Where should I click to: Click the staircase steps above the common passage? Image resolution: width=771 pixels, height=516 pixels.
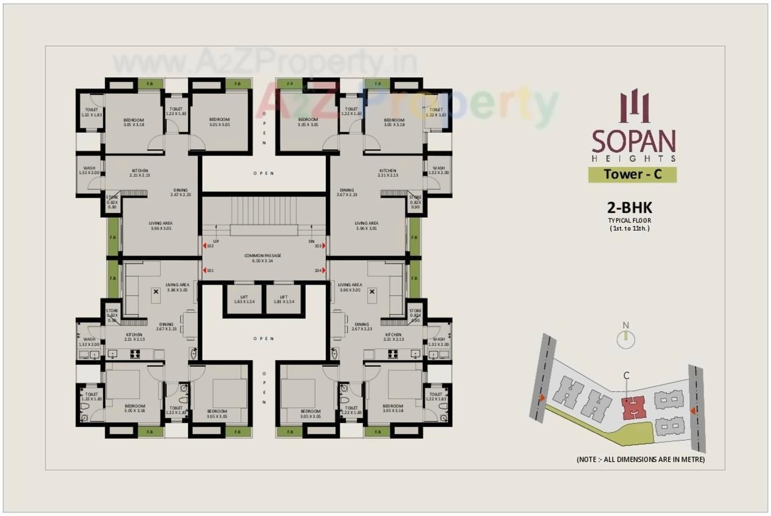(x=264, y=211)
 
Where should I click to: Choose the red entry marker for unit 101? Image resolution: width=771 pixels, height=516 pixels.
(x=205, y=271)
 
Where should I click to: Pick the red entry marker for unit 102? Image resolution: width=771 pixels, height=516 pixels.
(x=205, y=246)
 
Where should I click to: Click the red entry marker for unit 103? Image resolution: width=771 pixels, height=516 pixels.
(x=323, y=246)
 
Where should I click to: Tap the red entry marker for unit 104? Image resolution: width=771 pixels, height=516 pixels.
(x=323, y=271)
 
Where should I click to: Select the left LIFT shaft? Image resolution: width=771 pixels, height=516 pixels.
(x=243, y=299)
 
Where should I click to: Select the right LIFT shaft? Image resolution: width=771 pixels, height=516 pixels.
(x=284, y=299)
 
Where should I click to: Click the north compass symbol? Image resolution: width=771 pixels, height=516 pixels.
(x=625, y=338)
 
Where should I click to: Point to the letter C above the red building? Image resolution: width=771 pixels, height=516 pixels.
(x=626, y=376)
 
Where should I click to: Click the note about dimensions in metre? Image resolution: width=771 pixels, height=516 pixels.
(x=640, y=459)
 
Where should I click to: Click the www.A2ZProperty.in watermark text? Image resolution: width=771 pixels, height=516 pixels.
(x=265, y=62)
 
